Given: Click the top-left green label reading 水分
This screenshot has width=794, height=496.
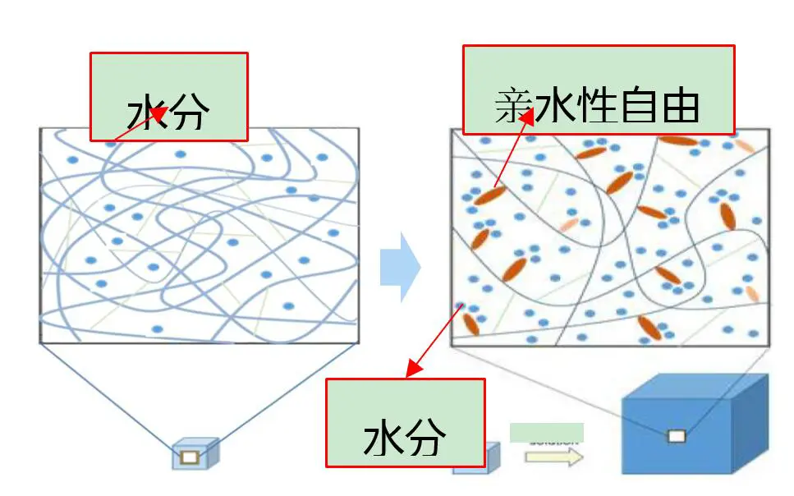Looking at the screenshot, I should (168, 97).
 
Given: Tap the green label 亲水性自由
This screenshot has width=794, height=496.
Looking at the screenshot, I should (598, 90).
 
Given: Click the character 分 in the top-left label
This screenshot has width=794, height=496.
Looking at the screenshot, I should (189, 114).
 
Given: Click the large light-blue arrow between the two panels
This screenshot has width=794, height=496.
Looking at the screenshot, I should (400, 267).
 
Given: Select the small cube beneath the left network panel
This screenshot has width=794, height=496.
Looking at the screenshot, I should (195, 454).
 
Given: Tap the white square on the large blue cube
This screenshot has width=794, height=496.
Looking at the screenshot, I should (676, 436).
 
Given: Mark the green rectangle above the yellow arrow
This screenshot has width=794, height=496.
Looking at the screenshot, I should (546, 432).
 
